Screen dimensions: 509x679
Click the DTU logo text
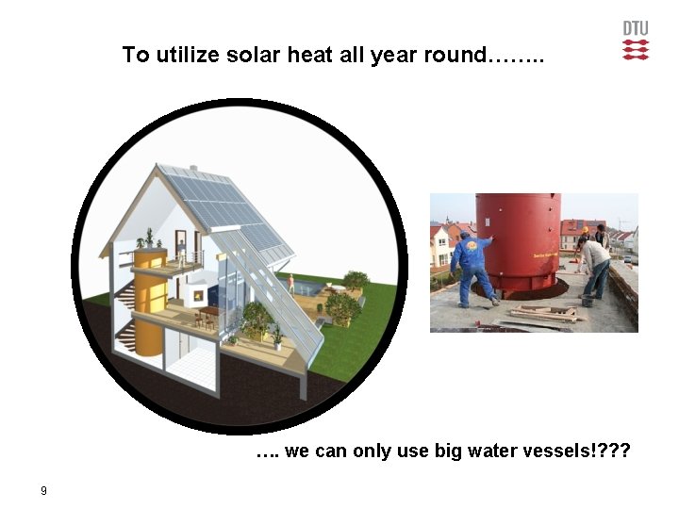pos(636,28)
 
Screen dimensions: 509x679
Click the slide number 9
pos(43,490)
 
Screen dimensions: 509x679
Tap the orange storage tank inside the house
pos(149,302)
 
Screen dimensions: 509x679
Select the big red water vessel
pos(518,240)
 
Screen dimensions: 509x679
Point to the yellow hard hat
pos(585,229)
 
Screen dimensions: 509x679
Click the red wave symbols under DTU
pos(636,49)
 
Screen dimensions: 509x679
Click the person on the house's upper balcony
pos(181,250)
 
